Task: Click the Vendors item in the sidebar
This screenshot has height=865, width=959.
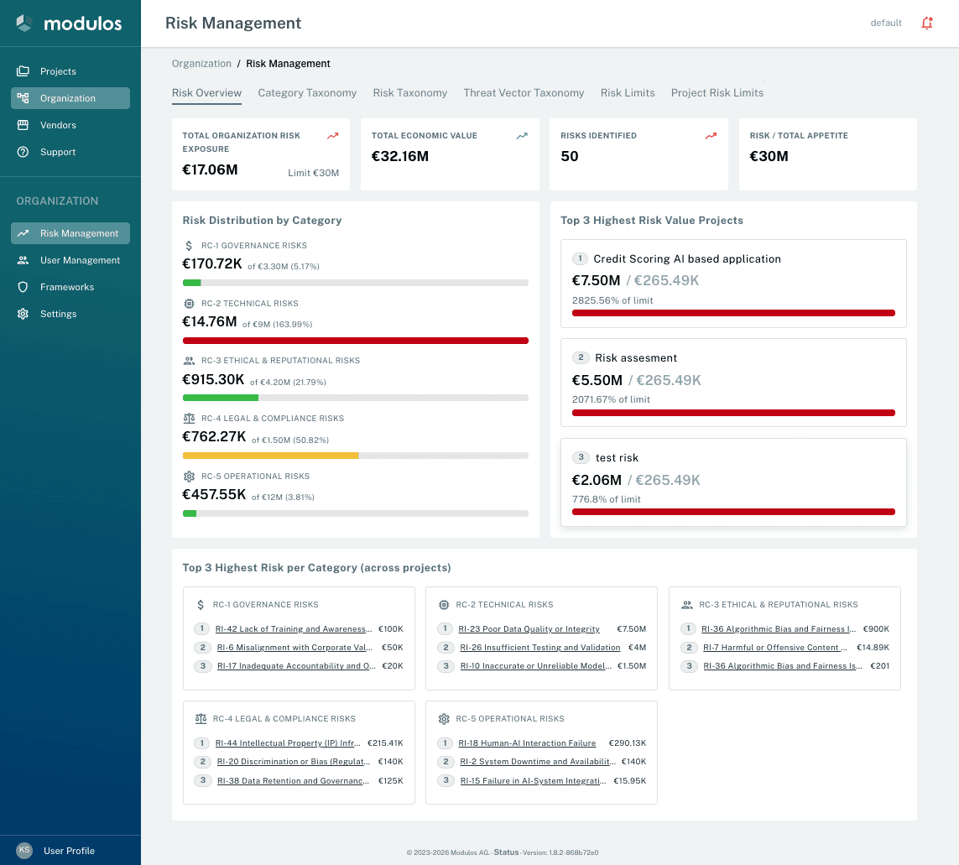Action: [58, 125]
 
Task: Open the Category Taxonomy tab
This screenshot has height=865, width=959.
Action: [307, 93]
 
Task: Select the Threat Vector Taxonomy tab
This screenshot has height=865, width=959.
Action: [524, 93]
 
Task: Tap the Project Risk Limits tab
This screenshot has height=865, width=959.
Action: [717, 93]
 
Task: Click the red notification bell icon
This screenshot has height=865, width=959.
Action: [927, 23]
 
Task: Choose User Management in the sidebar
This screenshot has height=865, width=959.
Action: [80, 260]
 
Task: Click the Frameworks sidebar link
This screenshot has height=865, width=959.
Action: [66, 287]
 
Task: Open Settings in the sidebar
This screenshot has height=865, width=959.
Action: [58, 314]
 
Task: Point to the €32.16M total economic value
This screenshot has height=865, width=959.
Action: [400, 156]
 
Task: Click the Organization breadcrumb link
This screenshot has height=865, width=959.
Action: [201, 64]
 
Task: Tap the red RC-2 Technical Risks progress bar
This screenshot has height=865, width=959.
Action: [356, 341]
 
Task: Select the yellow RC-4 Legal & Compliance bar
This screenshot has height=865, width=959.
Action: [271, 456]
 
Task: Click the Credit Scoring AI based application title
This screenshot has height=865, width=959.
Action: [687, 259]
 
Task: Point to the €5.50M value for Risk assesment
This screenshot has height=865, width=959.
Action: [597, 380]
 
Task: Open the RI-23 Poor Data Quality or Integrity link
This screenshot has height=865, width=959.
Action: [529, 629]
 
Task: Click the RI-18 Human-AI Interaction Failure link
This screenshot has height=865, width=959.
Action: [527, 743]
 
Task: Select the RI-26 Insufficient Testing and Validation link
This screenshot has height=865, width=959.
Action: [540, 648]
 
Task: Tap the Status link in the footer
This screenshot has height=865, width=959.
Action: [506, 852]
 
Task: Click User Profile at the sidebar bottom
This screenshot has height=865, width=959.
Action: [69, 851]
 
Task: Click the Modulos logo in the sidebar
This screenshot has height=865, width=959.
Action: [69, 23]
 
